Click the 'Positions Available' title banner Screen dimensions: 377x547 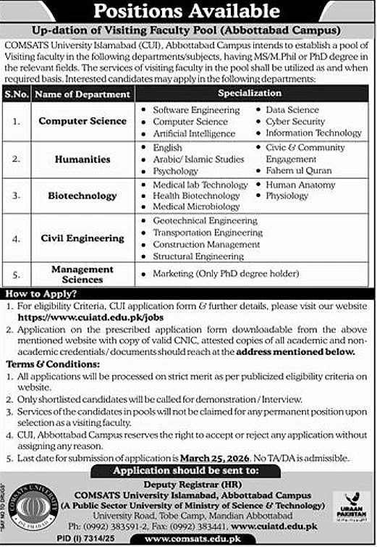pyautogui.click(x=188, y=12)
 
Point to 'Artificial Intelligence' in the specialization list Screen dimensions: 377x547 pyautogui.click(x=194, y=134)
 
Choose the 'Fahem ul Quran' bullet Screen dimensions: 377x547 pyautogui.click(x=298, y=171)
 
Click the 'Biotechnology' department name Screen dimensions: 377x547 pyautogui.click(x=82, y=196)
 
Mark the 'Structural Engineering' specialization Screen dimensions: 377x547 pyautogui.click(x=198, y=256)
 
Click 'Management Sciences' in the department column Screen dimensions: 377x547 pyautogui.click(x=82, y=274)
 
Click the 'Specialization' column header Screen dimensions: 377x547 pyautogui.click(x=250, y=93)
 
